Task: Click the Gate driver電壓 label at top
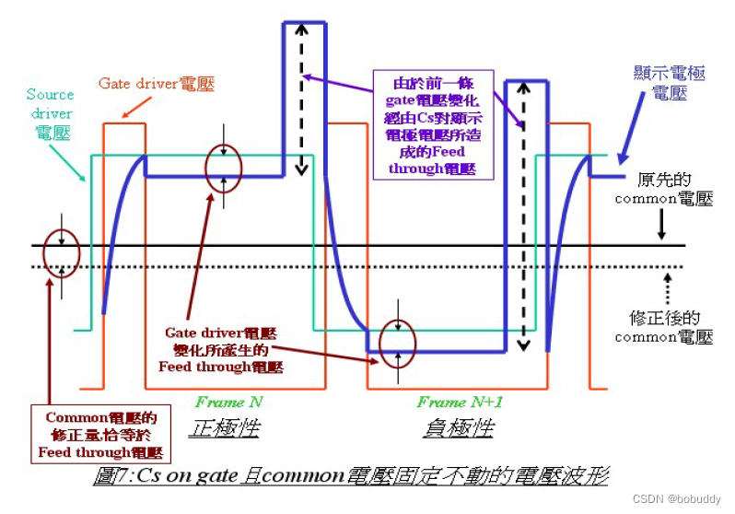(156, 84)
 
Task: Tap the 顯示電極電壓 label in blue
(671, 82)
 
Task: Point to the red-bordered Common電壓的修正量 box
(101, 436)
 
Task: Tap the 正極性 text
(226, 428)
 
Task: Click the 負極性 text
(458, 428)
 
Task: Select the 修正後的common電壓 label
(663, 327)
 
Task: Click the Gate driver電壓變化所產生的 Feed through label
(221, 349)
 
